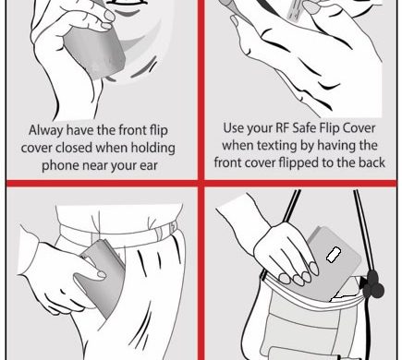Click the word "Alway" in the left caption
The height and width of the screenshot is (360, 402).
46,130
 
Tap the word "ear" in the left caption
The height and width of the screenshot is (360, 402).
149,165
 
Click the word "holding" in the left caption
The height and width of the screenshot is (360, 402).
153,148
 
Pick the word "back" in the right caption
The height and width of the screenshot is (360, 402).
372,162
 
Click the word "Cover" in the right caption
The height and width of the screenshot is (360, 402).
359,127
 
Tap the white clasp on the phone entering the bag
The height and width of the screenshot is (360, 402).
333,255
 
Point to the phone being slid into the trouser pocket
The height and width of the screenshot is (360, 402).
102,277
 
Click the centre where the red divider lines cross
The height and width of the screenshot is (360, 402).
201,184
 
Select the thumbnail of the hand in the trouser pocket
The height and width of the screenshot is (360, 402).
102,274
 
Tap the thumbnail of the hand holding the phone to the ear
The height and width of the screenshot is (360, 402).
110,15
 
